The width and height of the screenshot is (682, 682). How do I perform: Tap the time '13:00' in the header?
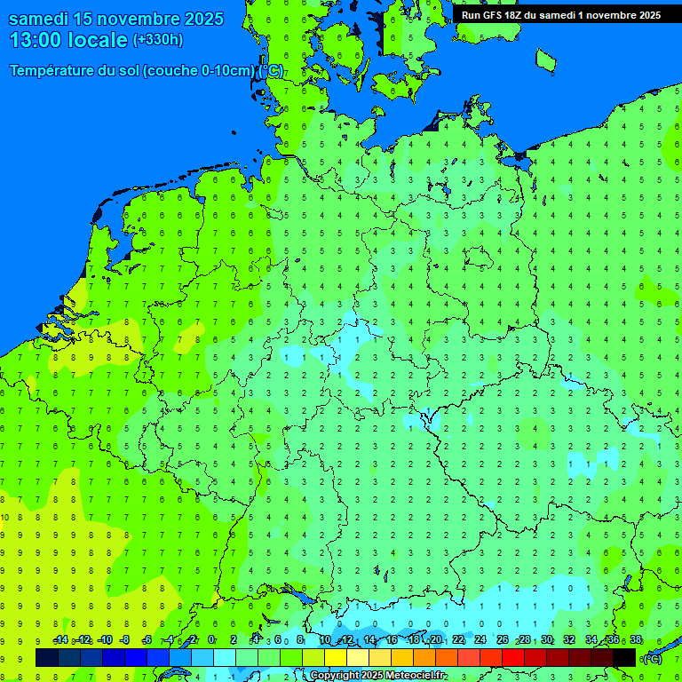(38, 39)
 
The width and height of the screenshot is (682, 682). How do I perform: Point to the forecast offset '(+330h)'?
(158, 39)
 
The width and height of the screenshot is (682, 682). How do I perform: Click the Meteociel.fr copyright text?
(377, 676)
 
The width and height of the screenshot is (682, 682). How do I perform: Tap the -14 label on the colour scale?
(60, 640)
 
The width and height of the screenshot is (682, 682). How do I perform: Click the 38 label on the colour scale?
(636, 640)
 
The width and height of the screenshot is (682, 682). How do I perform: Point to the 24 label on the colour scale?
(480, 640)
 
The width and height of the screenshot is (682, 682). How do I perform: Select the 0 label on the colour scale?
(211, 640)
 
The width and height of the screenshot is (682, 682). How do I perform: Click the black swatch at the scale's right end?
(624, 657)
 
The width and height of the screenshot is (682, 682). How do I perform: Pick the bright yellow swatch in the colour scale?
(335, 657)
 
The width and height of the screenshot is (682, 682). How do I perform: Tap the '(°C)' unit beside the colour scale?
(652, 658)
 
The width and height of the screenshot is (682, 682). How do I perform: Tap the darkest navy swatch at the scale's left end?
(47, 657)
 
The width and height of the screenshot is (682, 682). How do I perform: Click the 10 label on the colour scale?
(325, 640)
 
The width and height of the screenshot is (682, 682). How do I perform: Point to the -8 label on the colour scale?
(125, 640)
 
